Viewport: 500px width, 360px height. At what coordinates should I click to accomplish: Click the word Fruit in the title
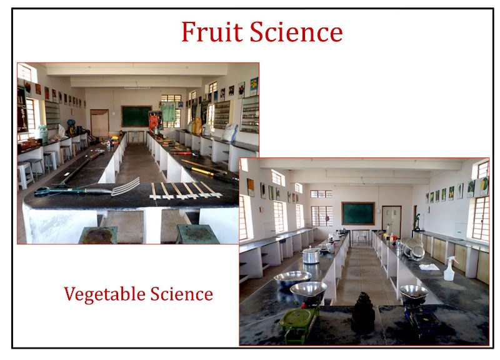click(x=212, y=32)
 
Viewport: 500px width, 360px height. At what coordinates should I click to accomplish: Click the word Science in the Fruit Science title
click(x=296, y=32)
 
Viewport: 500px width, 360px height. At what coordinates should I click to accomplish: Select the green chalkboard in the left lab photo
click(x=136, y=116)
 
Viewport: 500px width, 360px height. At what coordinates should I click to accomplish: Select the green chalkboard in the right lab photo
click(x=358, y=213)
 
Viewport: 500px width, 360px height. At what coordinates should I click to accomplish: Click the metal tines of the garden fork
click(x=126, y=187)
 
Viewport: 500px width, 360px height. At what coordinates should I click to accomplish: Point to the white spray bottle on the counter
click(x=450, y=269)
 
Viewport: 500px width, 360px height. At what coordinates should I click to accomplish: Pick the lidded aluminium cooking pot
click(x=311, y=256)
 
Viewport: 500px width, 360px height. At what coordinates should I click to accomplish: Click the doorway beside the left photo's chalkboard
click(x=99, y=123)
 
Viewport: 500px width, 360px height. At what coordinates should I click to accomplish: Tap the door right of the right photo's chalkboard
click(x=392, y=221)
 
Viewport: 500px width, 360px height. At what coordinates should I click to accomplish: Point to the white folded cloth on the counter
click(x=429, y=267)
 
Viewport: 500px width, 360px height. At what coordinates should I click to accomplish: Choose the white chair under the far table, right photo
click(x=362, y=237)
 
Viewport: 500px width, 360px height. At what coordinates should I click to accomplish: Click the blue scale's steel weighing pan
click(x=414, y=294)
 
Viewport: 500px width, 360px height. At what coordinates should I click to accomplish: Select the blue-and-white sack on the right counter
click(x=229, y=132)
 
